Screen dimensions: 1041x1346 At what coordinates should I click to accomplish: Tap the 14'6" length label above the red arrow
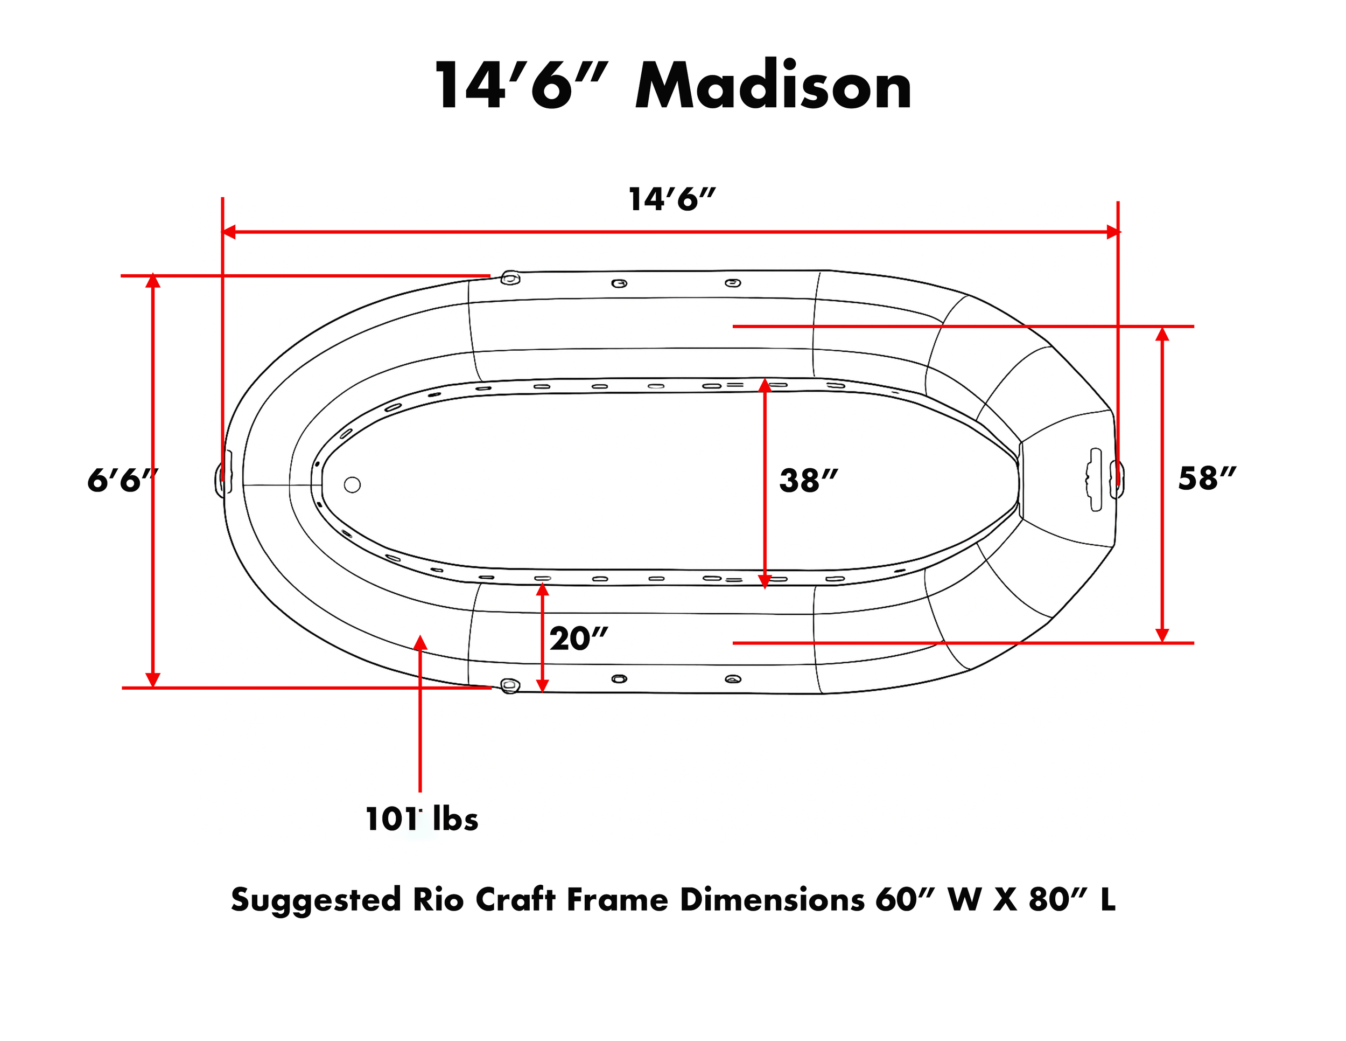671,199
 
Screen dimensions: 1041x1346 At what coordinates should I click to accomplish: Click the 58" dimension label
1207,478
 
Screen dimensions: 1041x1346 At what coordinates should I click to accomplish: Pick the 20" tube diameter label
578,639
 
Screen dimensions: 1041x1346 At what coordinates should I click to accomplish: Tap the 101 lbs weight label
422,819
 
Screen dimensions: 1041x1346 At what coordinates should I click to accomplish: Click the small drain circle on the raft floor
352,485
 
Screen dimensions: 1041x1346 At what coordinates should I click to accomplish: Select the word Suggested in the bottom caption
316,900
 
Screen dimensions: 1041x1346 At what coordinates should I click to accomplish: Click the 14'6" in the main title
521,86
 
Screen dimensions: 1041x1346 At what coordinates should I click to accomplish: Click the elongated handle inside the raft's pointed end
1095,479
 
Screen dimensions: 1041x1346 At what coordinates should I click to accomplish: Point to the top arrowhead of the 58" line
1162,334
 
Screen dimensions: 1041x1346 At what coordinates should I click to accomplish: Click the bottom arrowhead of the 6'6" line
153,679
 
